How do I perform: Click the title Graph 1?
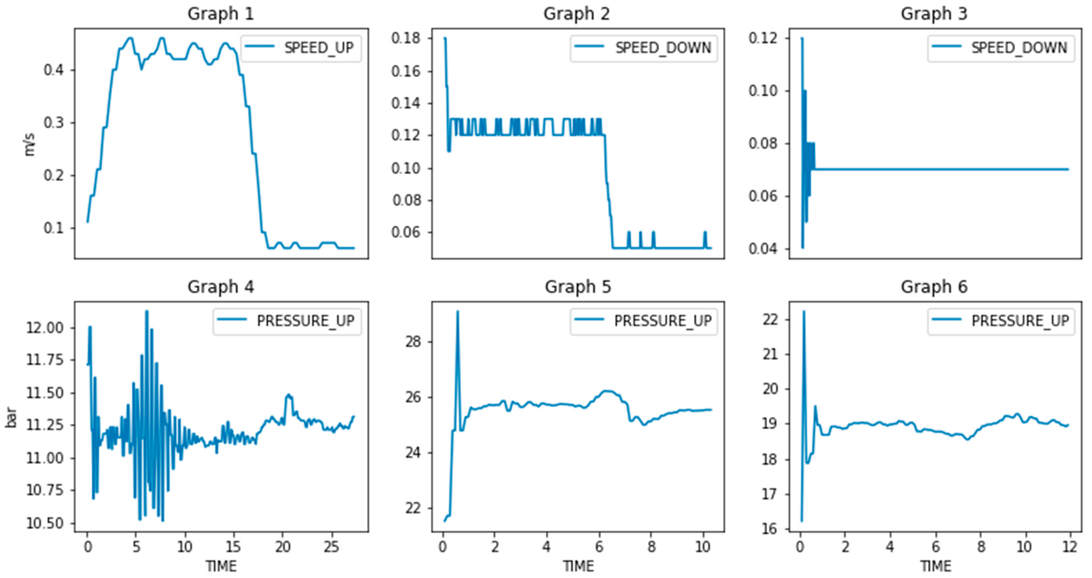pos(221,14)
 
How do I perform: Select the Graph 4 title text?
pos(221,287)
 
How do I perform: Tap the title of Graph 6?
pos(934,287)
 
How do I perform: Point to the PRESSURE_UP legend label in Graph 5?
pos(663,321)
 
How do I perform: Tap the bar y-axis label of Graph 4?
pos(11,418)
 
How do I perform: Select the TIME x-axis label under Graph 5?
pos(578,566)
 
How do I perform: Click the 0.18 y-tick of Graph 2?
pos(406,38)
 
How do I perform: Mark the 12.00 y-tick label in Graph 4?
pos(45,328)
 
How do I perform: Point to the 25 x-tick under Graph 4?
pos(331,547)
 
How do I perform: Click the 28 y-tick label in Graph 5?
pos(413,342)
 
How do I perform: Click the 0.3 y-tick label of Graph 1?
pos(53,123)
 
